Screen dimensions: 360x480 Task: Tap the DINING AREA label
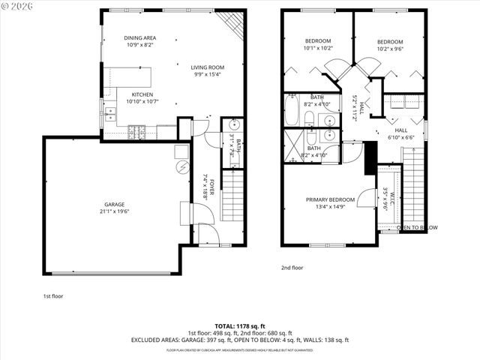click(139, 37)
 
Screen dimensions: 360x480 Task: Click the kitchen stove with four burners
click(137, 133)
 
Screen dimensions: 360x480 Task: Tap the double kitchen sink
click(110, 114)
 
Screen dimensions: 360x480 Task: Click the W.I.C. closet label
click(385, 197)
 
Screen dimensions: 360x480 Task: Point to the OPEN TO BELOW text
click(417, 226)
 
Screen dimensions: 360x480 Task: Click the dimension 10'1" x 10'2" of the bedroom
click(319, 48)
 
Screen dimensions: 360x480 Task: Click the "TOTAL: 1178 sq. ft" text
click(240, 325)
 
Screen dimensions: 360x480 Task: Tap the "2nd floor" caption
click(292, 267)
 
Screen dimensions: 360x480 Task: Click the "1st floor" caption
click(52, 296)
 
